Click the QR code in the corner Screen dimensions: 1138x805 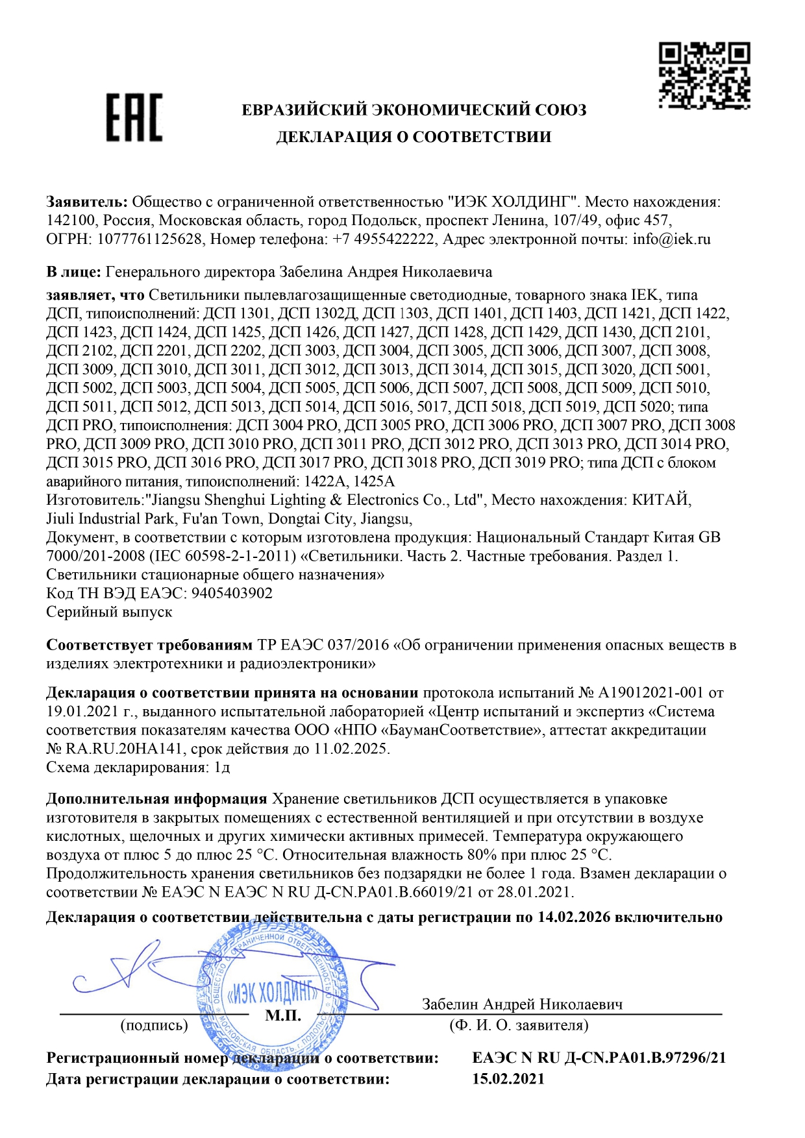tap(704, 75)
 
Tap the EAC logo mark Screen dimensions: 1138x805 tap(134, 117)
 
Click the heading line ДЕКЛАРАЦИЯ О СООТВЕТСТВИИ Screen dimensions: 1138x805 tap(414, 137)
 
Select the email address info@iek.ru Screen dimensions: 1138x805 tap(671, 239)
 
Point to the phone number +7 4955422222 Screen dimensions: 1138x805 tap(383, 239)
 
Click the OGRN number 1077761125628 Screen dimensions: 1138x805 tap(149, 239)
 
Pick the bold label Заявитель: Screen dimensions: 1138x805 tap(87, 202)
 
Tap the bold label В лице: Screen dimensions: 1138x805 tap(73, 271)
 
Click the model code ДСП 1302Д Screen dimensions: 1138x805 tap(317, 313)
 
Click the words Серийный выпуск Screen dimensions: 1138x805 tap(109, 612)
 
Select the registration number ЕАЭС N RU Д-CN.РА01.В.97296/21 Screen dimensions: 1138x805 tap(599, 1058)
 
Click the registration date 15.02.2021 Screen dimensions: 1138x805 tap(508, 1079)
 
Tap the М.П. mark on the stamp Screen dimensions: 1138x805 tap(283, 1015)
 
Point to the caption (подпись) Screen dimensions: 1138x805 tap(154, 1025)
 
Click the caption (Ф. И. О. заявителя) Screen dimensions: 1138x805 tap(519, 1025)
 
